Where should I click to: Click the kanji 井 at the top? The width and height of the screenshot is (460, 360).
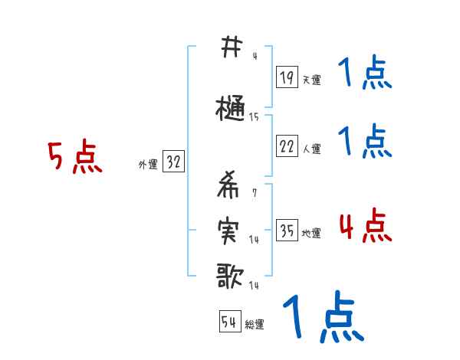[228, 48]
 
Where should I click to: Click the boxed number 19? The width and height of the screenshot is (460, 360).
[287, 77]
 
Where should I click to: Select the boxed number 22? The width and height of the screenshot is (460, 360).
[287, 147]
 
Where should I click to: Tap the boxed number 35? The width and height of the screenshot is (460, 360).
[287, 231]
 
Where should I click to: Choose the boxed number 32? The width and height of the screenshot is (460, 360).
[173, 162]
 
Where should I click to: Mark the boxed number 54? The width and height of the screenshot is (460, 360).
[229, 322]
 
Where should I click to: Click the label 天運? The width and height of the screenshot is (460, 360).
[311, 80]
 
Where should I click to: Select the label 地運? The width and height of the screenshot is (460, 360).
[311, 234]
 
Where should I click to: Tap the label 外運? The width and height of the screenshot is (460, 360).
[147, 164]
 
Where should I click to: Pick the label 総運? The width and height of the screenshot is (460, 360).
[255, 325]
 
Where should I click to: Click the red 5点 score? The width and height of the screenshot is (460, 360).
[75, 158]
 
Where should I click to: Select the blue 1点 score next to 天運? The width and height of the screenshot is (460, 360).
[365, 74]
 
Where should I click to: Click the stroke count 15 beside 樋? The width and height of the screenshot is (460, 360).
[254, 117]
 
